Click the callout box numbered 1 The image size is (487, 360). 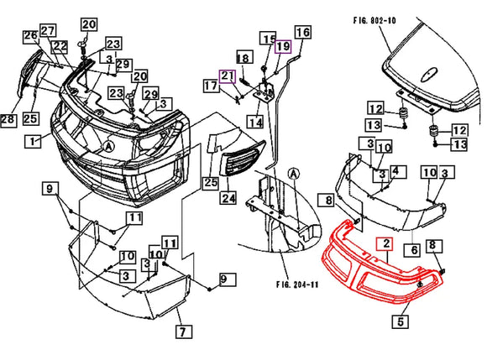[x=31, y=142]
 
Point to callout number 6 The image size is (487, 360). [x=414, y=249]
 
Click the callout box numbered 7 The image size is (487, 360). [x=182, y=330]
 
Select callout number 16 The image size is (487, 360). [x=301, y=33]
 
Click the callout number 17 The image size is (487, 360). [x=209, y=85]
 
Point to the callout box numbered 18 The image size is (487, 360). [x=243, y=58]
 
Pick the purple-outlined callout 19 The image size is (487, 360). [x=283, y=46]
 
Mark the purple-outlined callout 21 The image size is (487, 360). [x=228, y=77]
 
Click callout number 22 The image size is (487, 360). [x=60, y=46]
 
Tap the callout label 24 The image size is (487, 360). [x=228, y=199]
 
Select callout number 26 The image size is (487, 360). [x=30, y=36]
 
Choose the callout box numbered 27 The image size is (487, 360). [x=48, y=30]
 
